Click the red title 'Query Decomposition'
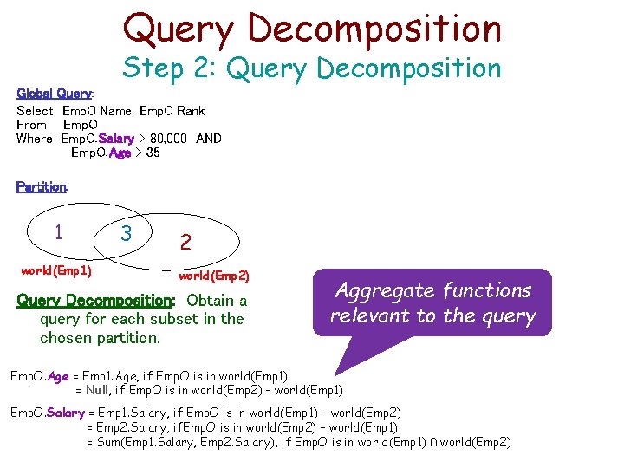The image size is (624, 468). pos(312,28)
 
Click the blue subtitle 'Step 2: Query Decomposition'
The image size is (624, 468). pos(312,68)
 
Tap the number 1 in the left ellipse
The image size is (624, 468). pos(57,232)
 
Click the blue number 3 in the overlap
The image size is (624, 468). pos(127,234)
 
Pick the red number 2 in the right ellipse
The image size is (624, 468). pos(185,243)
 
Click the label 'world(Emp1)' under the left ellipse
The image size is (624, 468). pos(56,270)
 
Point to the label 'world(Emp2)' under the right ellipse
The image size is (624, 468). pos(213,276)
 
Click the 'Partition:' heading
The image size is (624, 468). pos(42,186)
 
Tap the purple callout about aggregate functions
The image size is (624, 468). pos(432,303)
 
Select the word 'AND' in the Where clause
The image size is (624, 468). pos(209,139)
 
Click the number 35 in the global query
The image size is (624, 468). pos(153,153)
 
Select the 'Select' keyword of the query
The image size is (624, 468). pos(35,111)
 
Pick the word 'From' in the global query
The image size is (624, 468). pos(31,125)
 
